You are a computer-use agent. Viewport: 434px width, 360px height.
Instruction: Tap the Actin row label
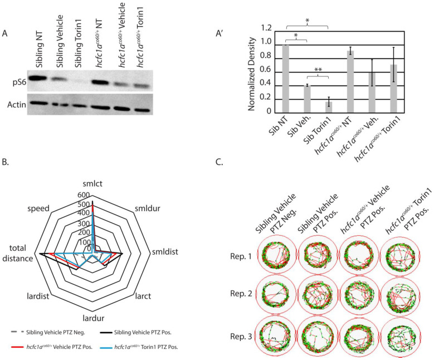coord(17,105)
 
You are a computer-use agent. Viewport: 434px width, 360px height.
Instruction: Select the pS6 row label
coord(19,82)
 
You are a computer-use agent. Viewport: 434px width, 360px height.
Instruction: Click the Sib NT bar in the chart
coord(285,79)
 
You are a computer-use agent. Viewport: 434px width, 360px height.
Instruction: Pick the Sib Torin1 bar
coord(329,107)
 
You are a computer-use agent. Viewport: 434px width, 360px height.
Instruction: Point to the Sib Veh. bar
coord(307,99)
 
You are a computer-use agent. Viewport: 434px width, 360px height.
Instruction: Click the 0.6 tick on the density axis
coord(265,70)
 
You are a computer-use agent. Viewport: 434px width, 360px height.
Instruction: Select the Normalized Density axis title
coord(251,74)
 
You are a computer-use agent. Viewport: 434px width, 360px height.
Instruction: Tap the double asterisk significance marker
coord(318,69)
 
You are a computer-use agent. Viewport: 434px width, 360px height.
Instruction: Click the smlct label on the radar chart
coord(92,183)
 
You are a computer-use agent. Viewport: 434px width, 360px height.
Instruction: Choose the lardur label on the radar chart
coord(94,318)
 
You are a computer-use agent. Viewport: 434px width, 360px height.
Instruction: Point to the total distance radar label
coord(17,253)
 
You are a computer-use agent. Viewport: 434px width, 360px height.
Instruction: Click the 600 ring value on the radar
coord(84,195)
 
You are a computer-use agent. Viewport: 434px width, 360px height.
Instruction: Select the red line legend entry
coord(51,347)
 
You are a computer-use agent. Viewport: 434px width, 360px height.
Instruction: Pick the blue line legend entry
coord(139,347)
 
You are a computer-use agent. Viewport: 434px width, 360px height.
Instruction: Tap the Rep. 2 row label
coord(241,294)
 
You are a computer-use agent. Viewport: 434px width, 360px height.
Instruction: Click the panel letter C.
coord(219,162)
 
